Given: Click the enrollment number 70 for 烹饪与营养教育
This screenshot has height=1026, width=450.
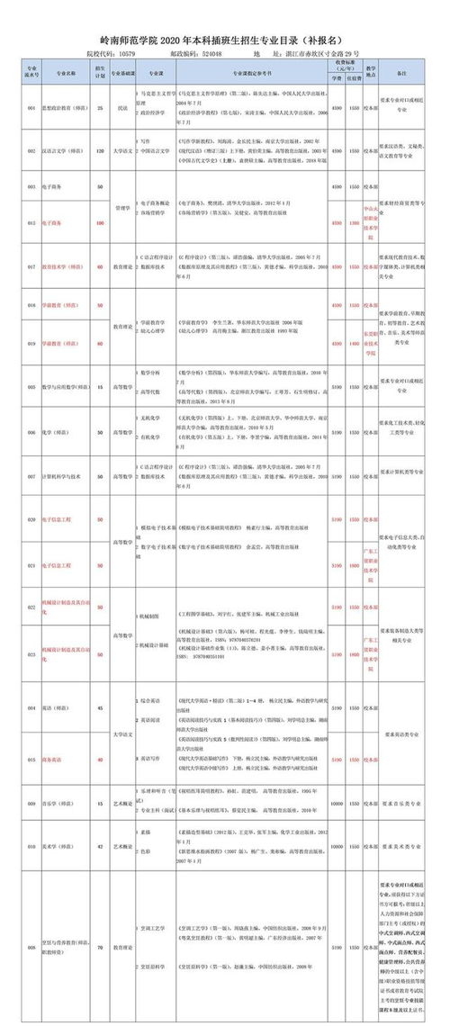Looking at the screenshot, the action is (100, 948).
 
